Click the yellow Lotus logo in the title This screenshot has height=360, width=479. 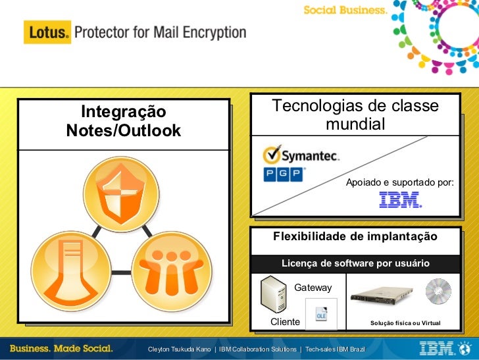coord(46,32)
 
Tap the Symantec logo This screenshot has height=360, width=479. coord(301,155)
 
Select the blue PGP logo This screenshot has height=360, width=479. coord(283,174)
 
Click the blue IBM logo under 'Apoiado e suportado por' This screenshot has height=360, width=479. coord(400,200)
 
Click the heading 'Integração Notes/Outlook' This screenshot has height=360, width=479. coord(124,121)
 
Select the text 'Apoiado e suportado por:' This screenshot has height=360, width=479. coord(400,182)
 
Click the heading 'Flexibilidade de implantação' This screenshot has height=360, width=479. coord(355,236)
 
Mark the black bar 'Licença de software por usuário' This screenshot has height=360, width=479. coord(355,263)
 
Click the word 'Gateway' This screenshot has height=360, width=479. coord(313,288)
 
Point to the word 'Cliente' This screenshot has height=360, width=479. coord(286,322)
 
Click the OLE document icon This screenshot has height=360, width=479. coord(322,314)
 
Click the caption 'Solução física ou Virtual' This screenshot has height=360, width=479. coord(405,323)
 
